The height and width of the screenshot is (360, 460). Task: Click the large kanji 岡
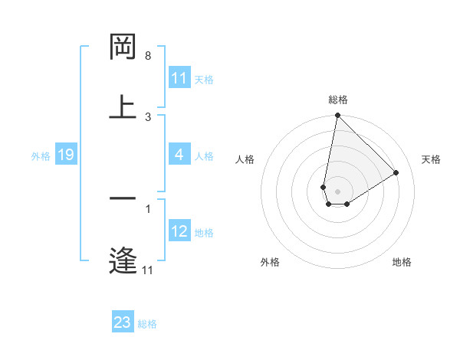pos(123,47)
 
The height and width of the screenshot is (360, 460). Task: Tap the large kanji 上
pos(123,106)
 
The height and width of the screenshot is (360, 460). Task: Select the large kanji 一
pos(123,198)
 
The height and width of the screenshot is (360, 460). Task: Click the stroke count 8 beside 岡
pos(148,56)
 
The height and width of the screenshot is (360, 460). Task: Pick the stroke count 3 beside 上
pos(148,116)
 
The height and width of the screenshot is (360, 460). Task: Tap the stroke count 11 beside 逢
pos(148,270)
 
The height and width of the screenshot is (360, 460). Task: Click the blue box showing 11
pos(179,78)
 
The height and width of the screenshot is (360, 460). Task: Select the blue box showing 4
pos(179,155)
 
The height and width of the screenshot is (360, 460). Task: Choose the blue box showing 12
pos(179,231)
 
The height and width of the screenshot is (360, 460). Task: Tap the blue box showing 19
pos(65,155)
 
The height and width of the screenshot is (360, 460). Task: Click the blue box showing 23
pos(123,322)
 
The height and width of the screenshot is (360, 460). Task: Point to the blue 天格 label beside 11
pos(204,79)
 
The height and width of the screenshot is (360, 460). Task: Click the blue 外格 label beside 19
pos(41,155)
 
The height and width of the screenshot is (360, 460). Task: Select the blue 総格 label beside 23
pos(147,323)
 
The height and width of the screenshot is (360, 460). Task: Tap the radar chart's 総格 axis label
pos(338,100)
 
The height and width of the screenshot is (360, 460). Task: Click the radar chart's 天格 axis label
pos(432,159)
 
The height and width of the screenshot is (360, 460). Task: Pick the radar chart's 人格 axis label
pos(245,159)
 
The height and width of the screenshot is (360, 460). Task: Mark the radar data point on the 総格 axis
pos(337,116)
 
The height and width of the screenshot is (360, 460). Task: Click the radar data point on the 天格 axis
pos(396,172)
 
